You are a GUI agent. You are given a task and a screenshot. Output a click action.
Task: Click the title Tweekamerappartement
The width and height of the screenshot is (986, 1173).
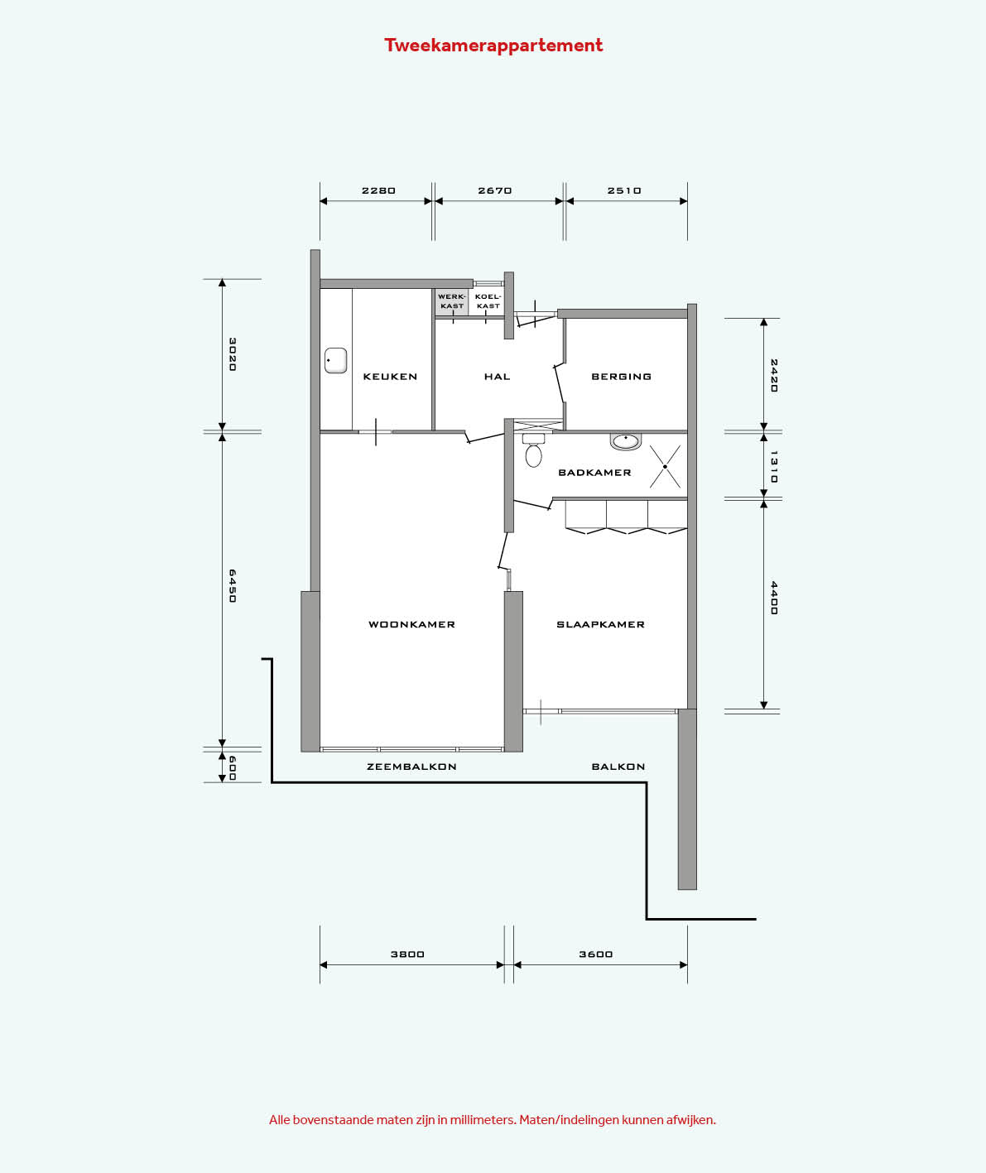click(x=493, y=46)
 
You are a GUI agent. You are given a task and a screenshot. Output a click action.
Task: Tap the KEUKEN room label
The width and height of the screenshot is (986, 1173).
click(x=390, y=377)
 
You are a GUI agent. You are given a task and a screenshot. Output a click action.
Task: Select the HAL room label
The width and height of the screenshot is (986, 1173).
click(x=498, y=377)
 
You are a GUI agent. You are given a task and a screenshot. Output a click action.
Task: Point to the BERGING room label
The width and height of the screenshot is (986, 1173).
click(x=622, y=377)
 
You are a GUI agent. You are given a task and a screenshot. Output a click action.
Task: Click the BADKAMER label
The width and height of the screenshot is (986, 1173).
click(x=594, y=473)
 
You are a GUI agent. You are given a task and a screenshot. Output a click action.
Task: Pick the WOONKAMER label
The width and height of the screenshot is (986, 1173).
click(x=411, y=624)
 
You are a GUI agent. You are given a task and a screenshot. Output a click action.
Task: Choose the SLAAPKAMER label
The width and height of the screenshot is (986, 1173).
click(x=600, y=624)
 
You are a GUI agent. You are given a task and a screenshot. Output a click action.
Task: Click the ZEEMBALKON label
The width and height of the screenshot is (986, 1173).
click(x=411, y=767)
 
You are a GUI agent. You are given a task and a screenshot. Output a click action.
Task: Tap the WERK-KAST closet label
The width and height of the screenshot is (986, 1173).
click(x=452, y=301)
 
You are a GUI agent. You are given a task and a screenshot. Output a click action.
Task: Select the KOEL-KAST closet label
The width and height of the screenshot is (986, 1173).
click(x=488, y=301)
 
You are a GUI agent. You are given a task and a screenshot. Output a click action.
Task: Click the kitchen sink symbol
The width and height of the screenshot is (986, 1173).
click(x=335, y=361)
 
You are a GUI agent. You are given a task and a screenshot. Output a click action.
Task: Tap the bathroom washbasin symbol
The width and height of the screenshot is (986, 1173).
click(x=625, y=441)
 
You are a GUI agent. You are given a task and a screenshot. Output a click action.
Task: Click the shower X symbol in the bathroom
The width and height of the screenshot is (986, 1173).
click(x=666, y=467)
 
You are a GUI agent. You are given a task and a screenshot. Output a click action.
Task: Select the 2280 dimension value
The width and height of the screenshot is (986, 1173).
click(x=378, y=190)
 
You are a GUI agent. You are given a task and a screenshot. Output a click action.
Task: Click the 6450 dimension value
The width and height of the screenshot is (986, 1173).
click(x=232, y=586)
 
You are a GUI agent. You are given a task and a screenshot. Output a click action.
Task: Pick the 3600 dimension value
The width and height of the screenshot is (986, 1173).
click(x=596, y=954)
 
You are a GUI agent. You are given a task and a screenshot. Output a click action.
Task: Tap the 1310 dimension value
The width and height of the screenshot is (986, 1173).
click(x=773, y=467)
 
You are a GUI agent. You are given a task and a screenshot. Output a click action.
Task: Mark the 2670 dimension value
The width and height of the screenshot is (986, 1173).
click(x=495, y=190)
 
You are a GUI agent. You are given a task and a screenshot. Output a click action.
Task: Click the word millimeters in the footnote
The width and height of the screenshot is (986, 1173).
click(x=482, y=1120)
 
